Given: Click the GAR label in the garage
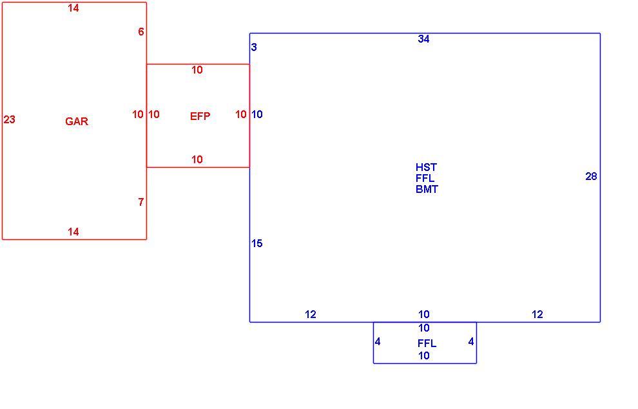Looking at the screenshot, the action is click(77, 121).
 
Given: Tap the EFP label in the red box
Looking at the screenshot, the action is click(200, 117).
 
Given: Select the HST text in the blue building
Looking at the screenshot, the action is click(426, 168).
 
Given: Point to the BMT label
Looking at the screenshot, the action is click(427, 190).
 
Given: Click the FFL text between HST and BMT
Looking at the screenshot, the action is click(425, 179).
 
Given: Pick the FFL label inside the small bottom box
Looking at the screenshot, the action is click(427, 343).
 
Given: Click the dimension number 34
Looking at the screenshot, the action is click(423, 39).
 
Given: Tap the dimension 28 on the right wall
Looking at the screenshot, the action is click(591, 176).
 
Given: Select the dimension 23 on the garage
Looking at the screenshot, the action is click(10, 120).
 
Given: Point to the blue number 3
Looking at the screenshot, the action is click(254, 48).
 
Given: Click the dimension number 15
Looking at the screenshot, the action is click(256, 244).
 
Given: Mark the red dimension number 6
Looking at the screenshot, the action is click(140, 32).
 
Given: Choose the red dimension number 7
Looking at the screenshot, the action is click(140, 202).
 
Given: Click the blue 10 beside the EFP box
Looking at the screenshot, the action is click(256, 115).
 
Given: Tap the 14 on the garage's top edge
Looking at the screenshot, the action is click(73, 8).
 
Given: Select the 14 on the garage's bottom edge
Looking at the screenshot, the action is click(73, 232).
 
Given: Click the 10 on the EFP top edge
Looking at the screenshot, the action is click(197, 70).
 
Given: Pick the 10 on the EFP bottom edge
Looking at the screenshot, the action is click(197, 160).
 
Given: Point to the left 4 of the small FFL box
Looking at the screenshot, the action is click(378, 342).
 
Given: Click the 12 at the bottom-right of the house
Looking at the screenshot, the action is click(537, 314).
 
